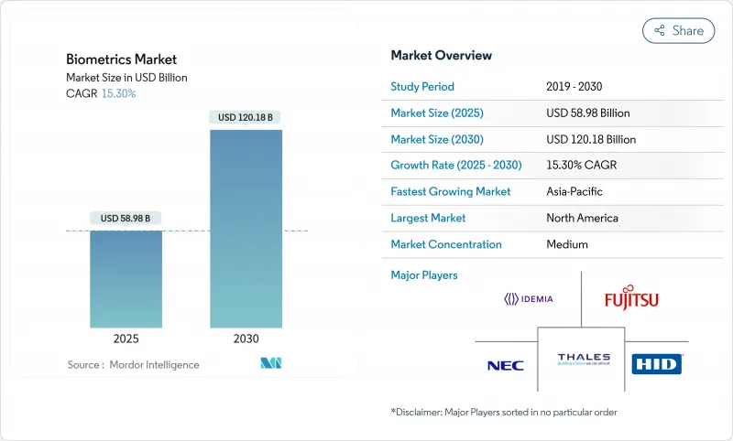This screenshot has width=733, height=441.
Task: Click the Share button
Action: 678,30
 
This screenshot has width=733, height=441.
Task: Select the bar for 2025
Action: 126,278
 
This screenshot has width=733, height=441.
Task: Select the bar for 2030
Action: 246,228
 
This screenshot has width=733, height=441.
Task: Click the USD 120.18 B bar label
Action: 246,117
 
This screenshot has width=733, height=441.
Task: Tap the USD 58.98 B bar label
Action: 126,218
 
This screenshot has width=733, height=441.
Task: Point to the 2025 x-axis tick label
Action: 126,339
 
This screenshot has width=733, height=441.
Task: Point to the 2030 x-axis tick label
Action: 246,339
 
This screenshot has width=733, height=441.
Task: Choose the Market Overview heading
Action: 441,56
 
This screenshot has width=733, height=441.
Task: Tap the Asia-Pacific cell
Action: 574,192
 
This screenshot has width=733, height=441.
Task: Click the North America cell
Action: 582,218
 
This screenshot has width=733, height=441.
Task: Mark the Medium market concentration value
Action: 567,244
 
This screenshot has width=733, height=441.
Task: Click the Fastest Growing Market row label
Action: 450,192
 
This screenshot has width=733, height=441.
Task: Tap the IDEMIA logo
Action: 529,298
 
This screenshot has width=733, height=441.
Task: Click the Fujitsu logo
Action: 631,299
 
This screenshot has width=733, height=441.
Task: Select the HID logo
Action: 657,364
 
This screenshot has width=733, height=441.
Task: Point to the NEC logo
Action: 505,365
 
